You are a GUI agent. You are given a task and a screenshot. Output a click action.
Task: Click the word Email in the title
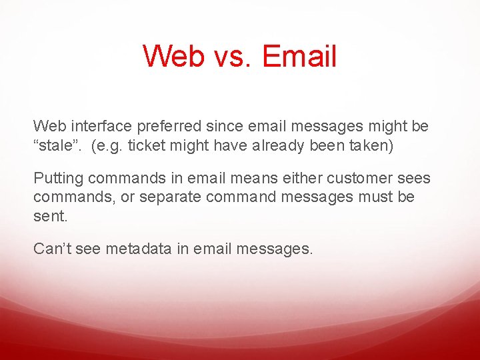pyautogui.click(x=299, y=56)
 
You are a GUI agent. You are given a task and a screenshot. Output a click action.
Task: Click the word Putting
pyautogui.click(x=59, y=179)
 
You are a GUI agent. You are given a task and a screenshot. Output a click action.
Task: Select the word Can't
pyautogui.click(x=53, y=249)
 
